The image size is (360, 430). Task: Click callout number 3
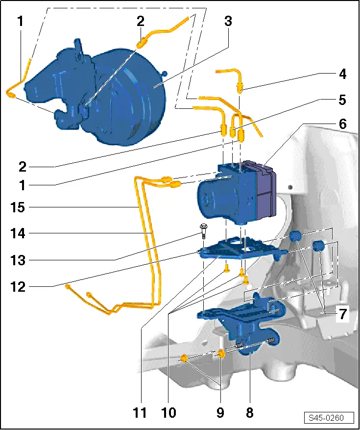click(x=228, y=21)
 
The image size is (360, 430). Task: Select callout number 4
click(x=342, y=75)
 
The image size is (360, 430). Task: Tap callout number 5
click(x=342, y=100)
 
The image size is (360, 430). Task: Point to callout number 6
click(x=342, y=125)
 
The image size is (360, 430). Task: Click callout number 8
click(x=250, y=413)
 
